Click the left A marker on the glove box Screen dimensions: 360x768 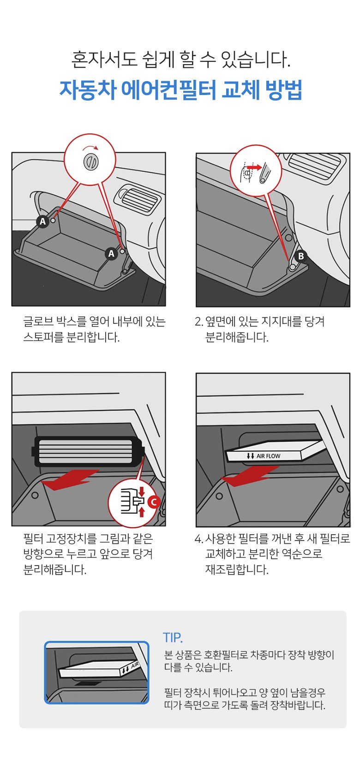[x=42, y=221]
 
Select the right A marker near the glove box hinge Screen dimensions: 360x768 [x=111, y=253]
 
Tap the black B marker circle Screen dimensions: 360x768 [x=300, y=256]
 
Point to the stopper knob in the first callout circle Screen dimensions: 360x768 [x=91, y=161]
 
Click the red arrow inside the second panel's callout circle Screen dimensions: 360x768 [x=254, y=167]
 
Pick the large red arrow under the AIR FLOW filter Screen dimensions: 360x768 [x=250, y=476]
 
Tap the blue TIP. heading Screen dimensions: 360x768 [x=173, y=638]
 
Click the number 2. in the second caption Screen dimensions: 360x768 [x=199, y=321]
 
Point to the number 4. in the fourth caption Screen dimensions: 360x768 [x=199, y=539]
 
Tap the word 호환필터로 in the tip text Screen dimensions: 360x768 [x=226, y=655]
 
